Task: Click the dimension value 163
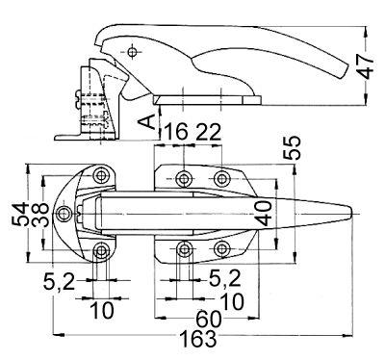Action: [198, 339]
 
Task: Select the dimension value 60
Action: [209, 319]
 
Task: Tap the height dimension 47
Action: [366, 67]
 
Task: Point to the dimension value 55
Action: [292, 147]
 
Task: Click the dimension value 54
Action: [20, 214]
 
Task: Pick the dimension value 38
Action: [40, 215]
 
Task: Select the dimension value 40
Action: [264, 213]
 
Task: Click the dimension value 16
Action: [176, 132]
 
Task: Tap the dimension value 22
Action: [209, 132]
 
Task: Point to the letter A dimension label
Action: [146, 122]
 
